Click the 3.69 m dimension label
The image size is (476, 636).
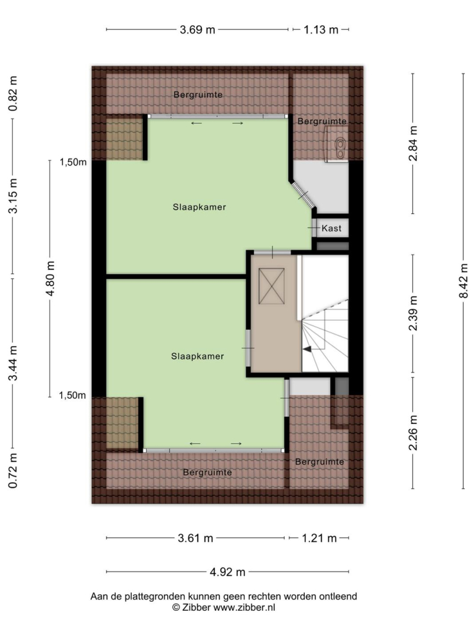[197, 29]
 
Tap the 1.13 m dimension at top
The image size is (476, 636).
[321, 29]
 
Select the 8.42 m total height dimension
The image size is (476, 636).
[464, 280]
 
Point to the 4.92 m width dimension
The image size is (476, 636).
[227, 572]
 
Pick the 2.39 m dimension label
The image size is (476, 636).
[413, 313]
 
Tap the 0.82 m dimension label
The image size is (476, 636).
[14, 94]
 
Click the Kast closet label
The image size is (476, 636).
[331, 228]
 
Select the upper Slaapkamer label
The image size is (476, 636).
[199, 207]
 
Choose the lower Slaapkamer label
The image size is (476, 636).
[197, 356]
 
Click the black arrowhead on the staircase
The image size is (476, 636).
[307, 349]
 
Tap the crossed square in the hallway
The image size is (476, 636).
[271, 286]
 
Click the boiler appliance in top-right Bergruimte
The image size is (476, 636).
[337, 144]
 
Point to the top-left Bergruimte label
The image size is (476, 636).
[198, 95]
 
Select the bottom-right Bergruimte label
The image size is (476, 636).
[319, 462]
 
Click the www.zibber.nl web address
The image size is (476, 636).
[244, 607]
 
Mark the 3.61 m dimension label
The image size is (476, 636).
[195, 538]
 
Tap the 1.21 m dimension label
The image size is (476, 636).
[319, 538]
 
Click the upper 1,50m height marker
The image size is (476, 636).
[74, 163]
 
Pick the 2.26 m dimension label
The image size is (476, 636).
[413, 433]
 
